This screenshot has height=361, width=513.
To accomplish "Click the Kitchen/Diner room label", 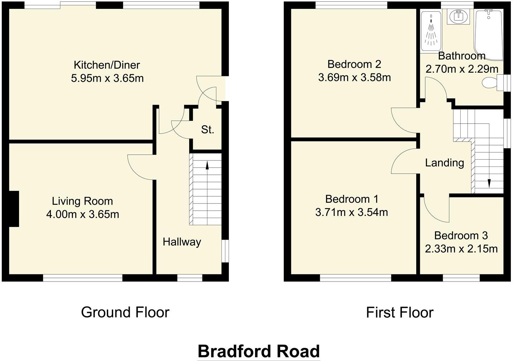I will point(106,65).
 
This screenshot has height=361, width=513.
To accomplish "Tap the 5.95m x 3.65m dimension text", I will point(107,78).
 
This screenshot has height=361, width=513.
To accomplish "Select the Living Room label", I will point(82,201).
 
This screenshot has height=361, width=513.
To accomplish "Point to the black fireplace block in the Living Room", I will point(14,209).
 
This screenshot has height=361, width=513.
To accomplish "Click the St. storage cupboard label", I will point(207,130).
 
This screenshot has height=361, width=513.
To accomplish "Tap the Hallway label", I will point(182,242).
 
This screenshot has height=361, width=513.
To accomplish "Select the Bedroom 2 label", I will point(354,64).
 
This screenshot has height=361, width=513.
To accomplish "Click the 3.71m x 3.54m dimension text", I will point(351,212).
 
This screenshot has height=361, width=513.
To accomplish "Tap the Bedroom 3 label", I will point(461,236).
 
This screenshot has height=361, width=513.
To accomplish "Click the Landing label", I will point(444,163).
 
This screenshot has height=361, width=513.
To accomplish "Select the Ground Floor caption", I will point(125,312).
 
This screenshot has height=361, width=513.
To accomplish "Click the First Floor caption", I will point(399,313).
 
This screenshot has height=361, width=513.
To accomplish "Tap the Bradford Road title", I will point(258,351).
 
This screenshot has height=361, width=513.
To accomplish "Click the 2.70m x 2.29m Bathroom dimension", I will point(461,69).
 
